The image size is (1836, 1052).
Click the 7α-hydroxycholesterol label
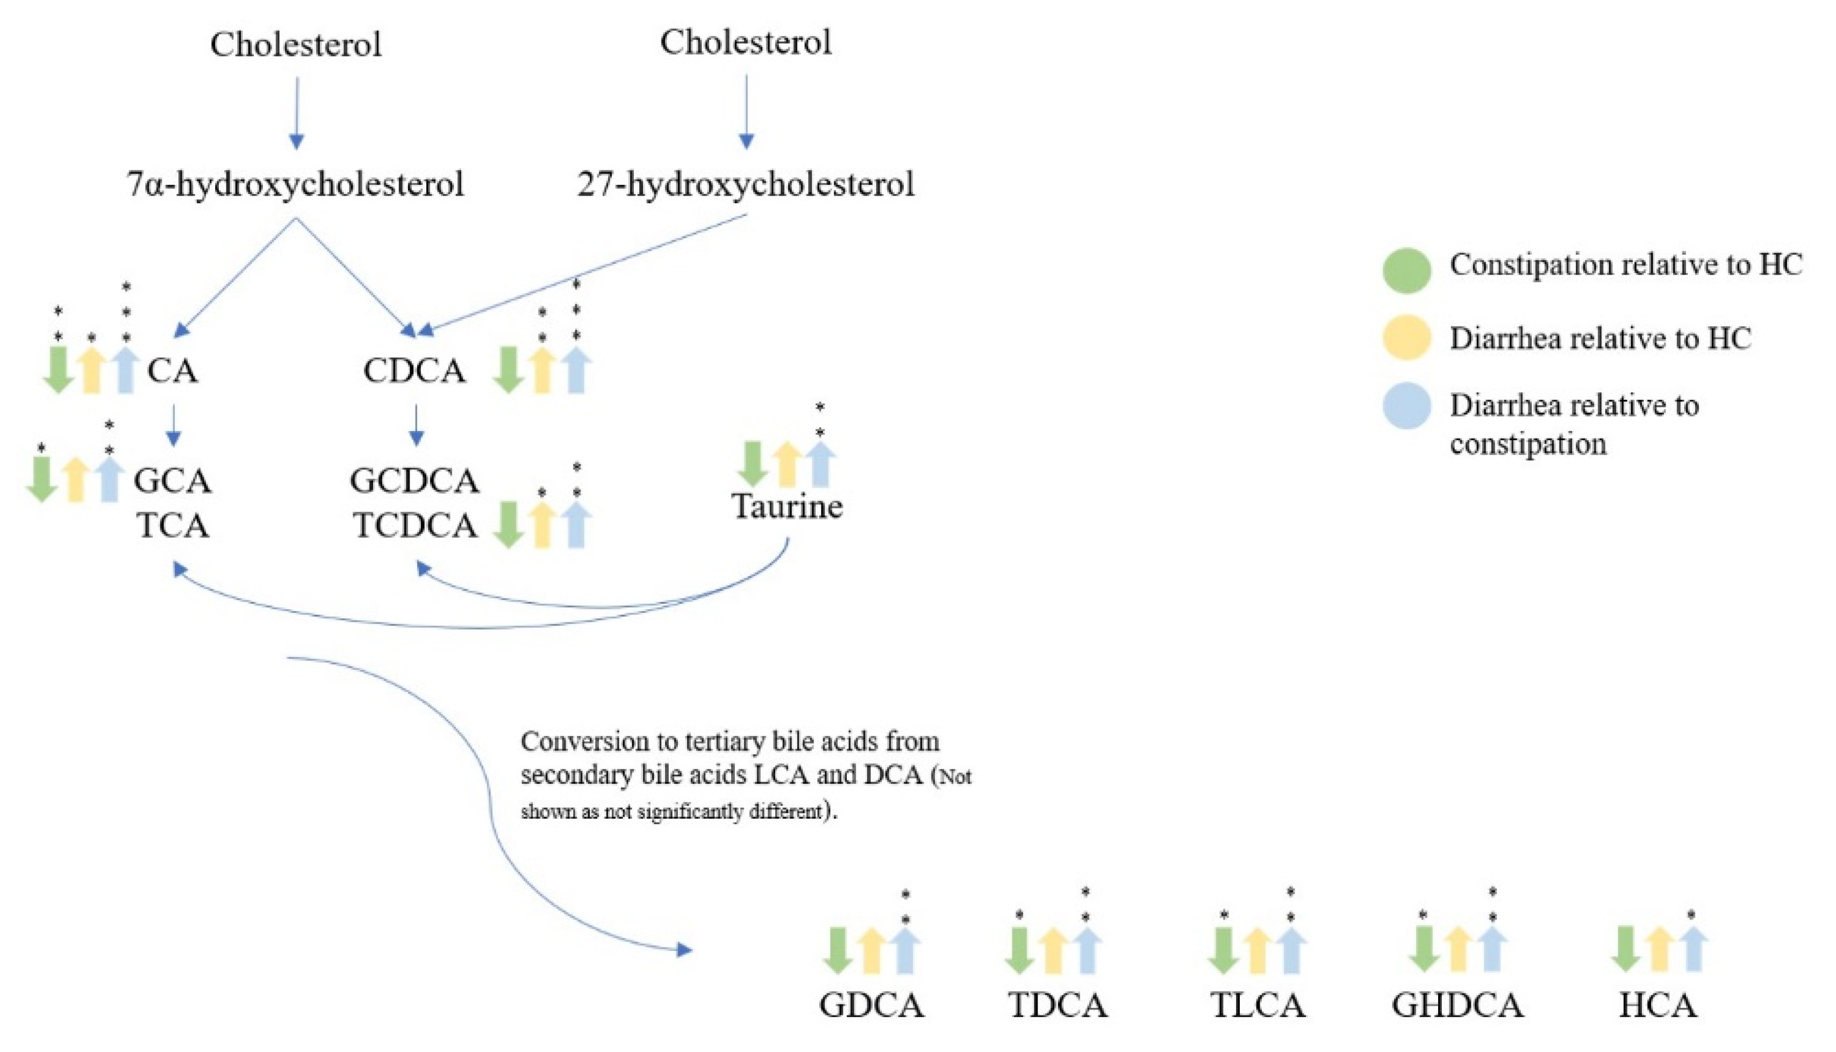point(295,184)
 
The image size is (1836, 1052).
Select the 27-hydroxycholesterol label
point(746,184)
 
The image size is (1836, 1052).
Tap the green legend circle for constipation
point(1406,271)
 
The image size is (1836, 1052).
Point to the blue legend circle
point(1406,406)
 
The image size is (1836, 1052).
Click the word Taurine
point(787,506)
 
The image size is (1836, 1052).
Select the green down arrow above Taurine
point(752,464)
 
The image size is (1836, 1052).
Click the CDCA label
point(414,371)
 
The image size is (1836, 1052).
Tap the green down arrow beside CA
point(58,370)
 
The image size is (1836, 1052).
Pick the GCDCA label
point(414,481)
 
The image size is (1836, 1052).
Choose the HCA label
point(1657,1005)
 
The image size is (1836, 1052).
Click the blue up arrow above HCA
point(1692,949)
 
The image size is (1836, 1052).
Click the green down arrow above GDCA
point(838,949)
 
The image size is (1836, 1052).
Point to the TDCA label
point(1057,1005)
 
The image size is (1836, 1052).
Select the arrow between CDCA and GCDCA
point(416,425)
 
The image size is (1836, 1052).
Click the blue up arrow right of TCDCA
point(576,525)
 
